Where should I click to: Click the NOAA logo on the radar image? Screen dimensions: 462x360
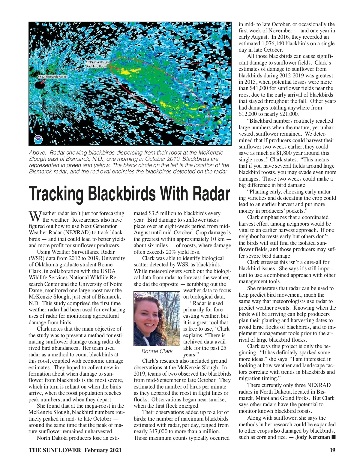pos(38,139)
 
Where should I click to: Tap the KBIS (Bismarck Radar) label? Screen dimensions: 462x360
pos(53,77)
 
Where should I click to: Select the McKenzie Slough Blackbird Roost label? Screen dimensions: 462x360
pos(97,64)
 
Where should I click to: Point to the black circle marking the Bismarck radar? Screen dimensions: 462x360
pos(40,85)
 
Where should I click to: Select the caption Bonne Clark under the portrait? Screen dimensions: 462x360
pos(157,351)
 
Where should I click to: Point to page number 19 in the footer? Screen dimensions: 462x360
pos(332,450)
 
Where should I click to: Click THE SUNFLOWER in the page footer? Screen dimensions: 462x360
pos(55,450)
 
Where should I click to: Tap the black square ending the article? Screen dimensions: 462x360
pos(333,437)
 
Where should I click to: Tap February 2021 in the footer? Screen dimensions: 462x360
pos(103,450)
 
